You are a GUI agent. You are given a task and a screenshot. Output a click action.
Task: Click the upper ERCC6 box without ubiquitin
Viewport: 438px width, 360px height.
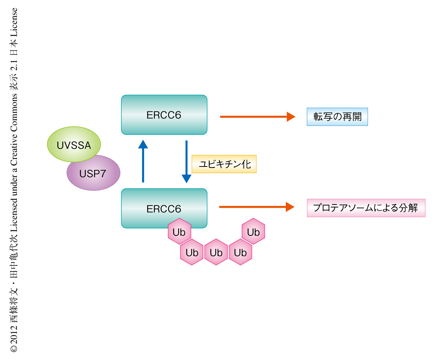[x=164, y=115]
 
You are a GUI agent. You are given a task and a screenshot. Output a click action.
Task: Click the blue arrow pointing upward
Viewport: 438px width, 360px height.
[x=143, y=161]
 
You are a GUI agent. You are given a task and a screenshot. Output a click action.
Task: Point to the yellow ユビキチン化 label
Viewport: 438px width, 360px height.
[x=224, y=164]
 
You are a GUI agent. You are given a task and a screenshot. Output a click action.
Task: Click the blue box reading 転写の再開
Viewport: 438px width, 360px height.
[x=337, y=117]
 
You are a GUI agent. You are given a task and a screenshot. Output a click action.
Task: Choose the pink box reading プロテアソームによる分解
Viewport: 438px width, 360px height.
[x=366, y=208]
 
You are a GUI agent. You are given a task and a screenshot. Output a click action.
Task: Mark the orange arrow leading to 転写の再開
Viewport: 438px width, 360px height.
[x=257, y=116]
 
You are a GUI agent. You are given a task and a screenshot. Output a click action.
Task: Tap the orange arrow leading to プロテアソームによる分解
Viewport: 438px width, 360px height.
[x=257, y=207]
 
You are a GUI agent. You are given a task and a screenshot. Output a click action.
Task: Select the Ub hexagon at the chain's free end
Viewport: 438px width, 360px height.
[x=253, y=232]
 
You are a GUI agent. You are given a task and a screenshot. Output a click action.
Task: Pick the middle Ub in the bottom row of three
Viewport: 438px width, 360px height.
[x=216, y=252]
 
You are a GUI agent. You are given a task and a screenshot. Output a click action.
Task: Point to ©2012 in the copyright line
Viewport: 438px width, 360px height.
[x=14, y=337]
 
